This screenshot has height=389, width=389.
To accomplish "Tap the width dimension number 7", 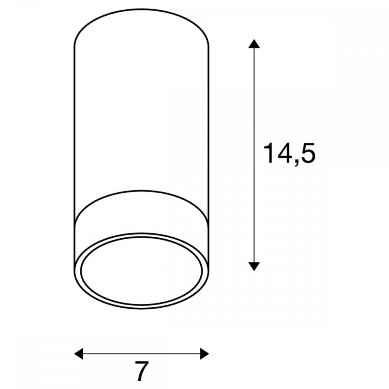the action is coord(142,371).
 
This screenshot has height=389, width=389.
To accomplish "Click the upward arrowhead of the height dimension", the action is coord(254,44).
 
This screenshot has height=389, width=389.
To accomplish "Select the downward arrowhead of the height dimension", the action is coord(254,266).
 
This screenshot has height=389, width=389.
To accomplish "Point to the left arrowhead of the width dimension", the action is coord(79,354).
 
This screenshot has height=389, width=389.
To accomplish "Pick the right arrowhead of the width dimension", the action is coord(205,354).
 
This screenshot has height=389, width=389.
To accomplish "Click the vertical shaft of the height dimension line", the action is coord(254,155).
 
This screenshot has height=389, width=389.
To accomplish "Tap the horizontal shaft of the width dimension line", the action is coord(142,354).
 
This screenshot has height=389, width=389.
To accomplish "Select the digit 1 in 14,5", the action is coord(268,153).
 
